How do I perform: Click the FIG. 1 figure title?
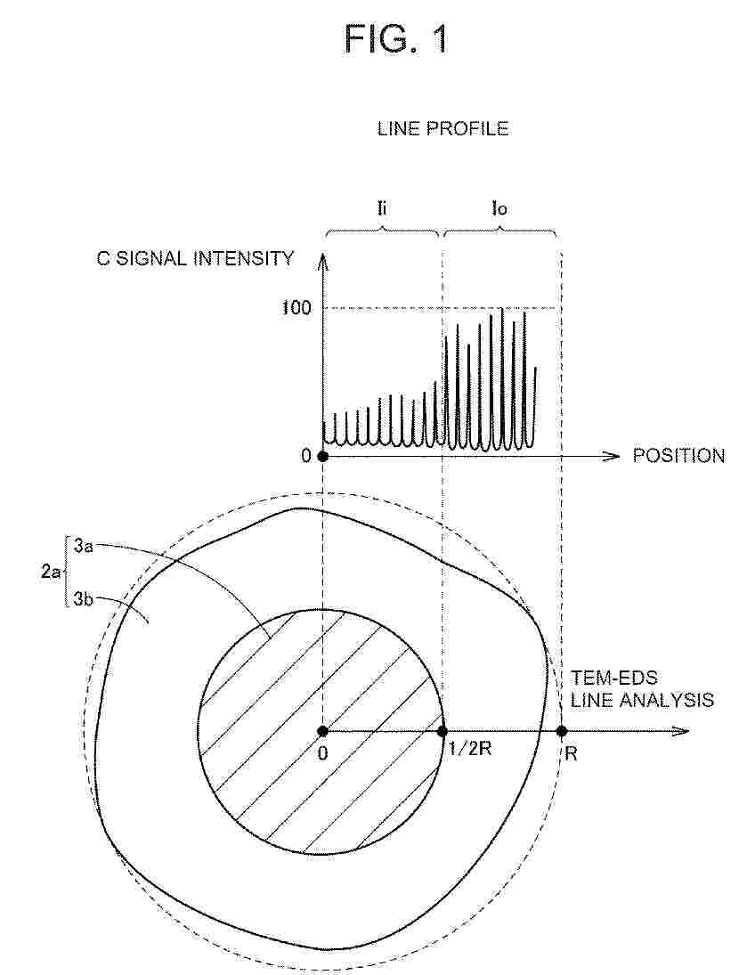[x=395, y=39]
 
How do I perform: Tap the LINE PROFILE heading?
[x=442, y=129]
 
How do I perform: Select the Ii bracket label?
[x=382, y=207]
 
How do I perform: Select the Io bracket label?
[x=499, y=208]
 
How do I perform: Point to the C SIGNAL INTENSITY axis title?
[x=195, y=258]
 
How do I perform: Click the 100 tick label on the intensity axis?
[x=296, y=307]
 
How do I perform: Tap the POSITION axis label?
[x=678, y=456]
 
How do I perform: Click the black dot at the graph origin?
[x=323, y=456]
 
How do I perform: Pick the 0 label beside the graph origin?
[x=306, y=456]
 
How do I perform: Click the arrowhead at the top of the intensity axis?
[x=322, y=260]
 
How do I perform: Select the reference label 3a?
[x=84, y=547]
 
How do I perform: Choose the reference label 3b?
[x=84, y=599]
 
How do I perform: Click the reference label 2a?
[x=51, y=572]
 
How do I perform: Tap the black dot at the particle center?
[x=323, y=731]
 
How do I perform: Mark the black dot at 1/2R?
[x=442, y=731]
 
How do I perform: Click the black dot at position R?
[x=562, y=731]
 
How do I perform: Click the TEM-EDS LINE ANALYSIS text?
[x=643, y=689]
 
